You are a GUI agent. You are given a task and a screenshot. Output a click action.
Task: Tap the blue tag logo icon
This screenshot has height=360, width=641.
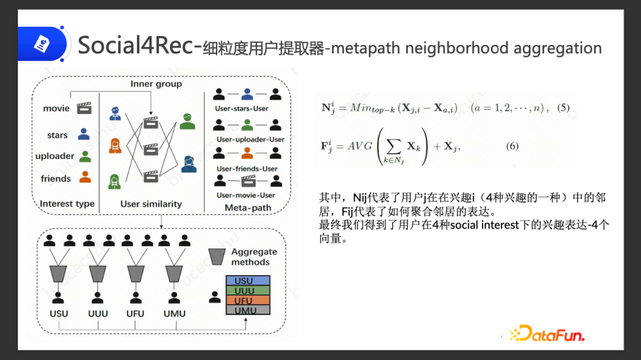pos(44,44)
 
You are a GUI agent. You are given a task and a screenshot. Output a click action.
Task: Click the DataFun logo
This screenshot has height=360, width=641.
pos(547,333)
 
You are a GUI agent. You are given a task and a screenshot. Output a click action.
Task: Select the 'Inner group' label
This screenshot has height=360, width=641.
pos(156,84)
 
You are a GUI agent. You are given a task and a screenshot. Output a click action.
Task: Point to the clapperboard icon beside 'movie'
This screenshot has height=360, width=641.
pos(85,108)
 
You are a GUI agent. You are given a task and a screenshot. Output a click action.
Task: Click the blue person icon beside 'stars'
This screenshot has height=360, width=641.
pos(84,134)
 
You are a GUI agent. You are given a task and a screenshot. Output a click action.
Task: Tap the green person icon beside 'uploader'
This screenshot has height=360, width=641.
pos(85,156)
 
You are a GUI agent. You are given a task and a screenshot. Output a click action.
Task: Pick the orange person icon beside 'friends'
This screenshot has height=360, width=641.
pos(85,177)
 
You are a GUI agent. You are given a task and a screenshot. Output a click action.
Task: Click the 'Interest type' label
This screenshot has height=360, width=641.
pos(67,203)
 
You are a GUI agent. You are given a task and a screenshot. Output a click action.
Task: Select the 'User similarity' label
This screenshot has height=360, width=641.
pos(151,203)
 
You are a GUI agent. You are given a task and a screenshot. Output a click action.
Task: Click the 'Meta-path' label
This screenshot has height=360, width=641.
pos(247,208)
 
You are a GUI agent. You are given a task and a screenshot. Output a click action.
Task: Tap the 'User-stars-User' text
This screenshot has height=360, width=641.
pos(242,109)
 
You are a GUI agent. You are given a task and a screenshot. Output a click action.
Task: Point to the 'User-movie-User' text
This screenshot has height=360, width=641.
pos(246,195)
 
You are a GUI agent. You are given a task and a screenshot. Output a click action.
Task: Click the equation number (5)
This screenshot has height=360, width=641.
pos(563,108)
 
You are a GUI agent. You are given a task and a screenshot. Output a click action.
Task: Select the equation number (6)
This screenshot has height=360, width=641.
pos(512,146)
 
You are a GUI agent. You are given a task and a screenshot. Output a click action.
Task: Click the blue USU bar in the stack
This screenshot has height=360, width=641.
pos(247,281)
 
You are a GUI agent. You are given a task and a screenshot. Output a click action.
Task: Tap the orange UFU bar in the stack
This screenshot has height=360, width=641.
pos(247,301)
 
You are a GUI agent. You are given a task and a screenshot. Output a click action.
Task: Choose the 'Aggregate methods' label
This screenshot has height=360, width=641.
pos(253,257)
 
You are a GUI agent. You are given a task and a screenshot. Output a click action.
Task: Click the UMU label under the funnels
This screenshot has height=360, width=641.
pos(174,314)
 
